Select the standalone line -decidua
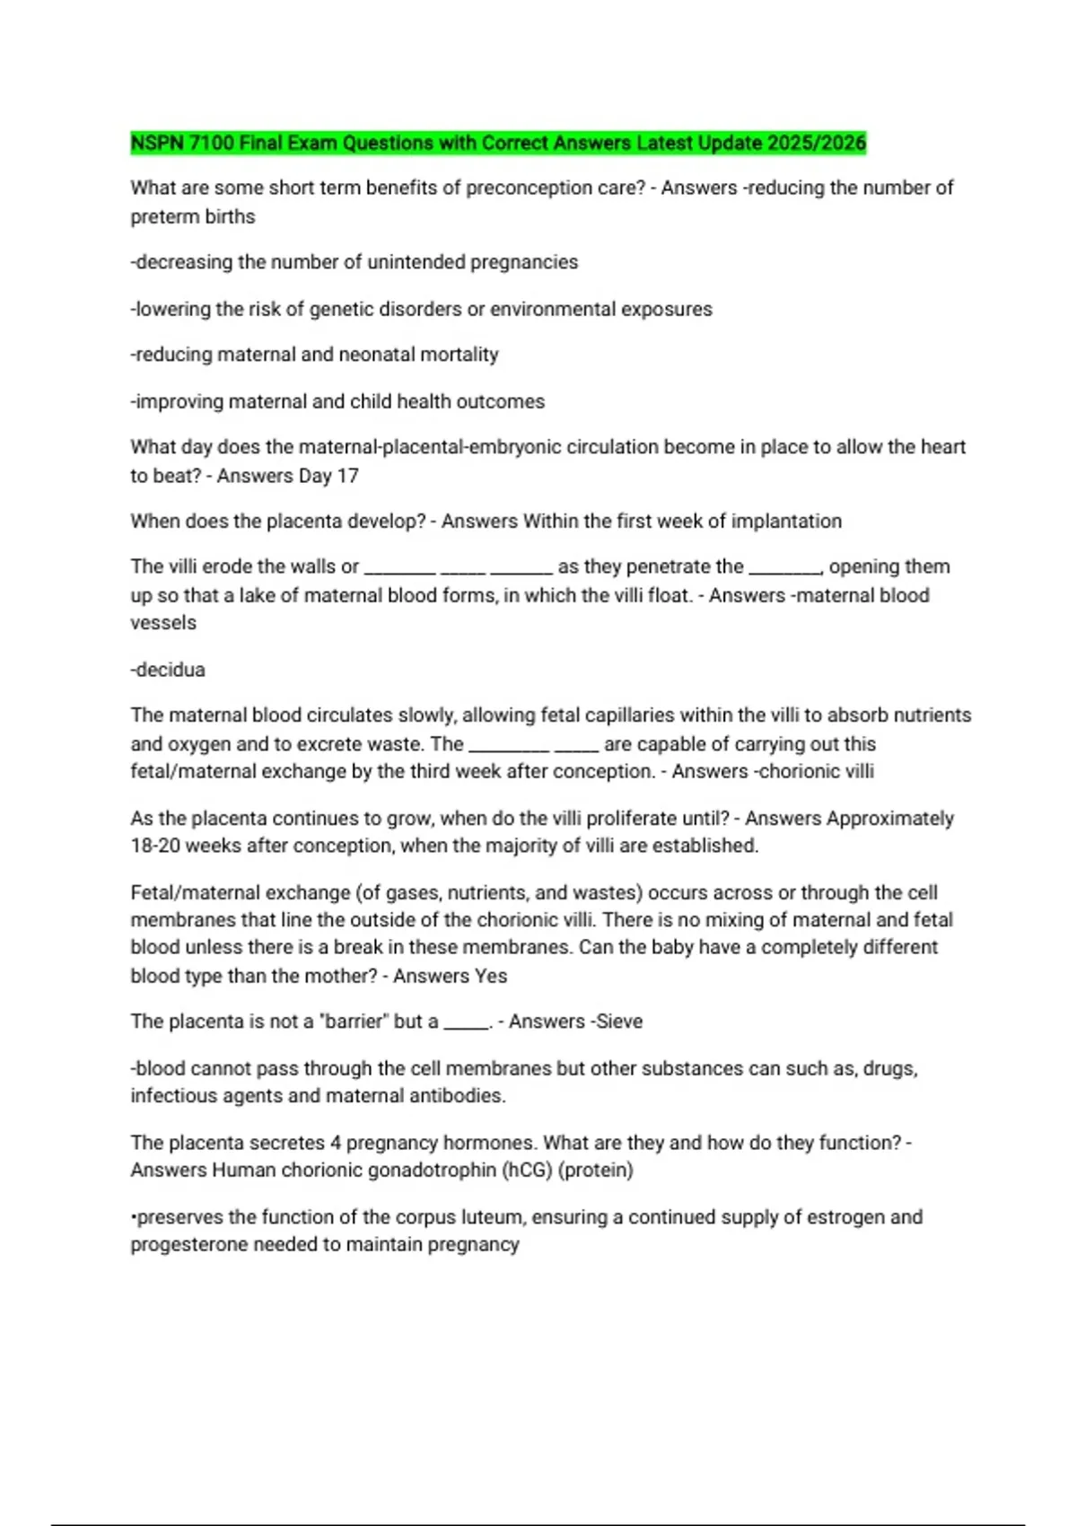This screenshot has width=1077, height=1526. pos(168,670)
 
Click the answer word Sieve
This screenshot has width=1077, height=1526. pos(619,1022)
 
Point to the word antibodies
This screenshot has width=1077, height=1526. pos(458,1096)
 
